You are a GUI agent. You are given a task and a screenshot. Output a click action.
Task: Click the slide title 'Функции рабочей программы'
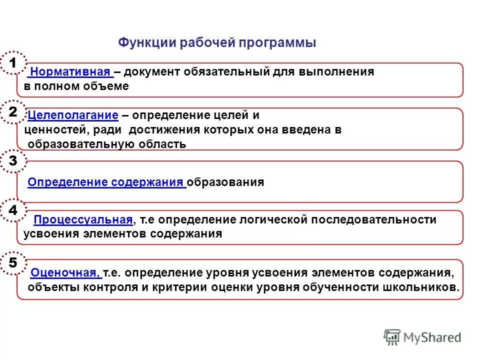(217, 42)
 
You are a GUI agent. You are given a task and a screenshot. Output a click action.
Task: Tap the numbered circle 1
(13, 63)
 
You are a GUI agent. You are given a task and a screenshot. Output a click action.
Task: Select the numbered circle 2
(13, 112)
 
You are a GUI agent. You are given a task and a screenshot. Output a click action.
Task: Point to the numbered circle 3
(13, 161)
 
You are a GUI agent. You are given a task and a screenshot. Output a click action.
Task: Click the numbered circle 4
(13, 210)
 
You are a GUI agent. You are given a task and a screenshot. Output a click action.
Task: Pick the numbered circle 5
(13, 263)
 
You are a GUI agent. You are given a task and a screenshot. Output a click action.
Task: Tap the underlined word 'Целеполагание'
(73, 115)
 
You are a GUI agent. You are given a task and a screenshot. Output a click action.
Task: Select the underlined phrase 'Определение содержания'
(106, 182)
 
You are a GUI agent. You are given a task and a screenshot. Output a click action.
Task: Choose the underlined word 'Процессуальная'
(83, 220)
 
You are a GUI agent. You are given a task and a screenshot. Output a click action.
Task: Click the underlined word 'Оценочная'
(65, 273)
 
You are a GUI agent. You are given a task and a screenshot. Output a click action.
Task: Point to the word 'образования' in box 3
(226, 182)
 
